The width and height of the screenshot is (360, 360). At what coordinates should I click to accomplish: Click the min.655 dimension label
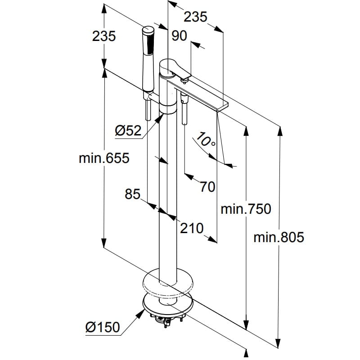coord(104,158)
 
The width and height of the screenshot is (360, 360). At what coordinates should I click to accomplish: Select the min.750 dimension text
coord(246,209)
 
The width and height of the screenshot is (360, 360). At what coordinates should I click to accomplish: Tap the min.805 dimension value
coord(279,237)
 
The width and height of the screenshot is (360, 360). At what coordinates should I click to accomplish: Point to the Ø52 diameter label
coord(128,130)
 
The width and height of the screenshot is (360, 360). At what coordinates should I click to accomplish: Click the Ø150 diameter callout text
coord(103,327)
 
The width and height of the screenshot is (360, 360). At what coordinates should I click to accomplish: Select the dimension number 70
coord(207,186)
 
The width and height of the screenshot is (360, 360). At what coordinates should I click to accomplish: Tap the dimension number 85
coord(133,194)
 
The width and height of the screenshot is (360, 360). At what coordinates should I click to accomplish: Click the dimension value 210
coord(192,228)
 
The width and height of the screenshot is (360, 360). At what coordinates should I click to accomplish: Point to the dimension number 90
coord(179,36)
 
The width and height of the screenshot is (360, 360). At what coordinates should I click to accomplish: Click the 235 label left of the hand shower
coord(104,36)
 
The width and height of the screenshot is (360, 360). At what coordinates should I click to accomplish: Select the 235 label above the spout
coord(196,17)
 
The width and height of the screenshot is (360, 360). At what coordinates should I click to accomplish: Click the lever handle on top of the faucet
coord(178,68)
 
